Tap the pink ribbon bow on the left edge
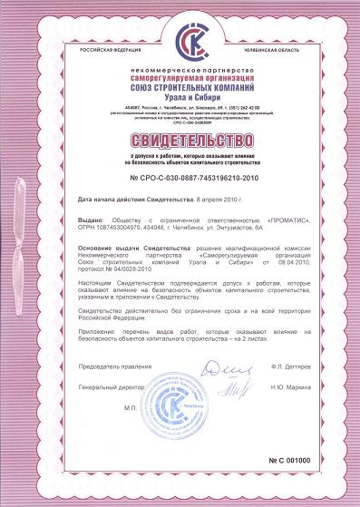(11, 249)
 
